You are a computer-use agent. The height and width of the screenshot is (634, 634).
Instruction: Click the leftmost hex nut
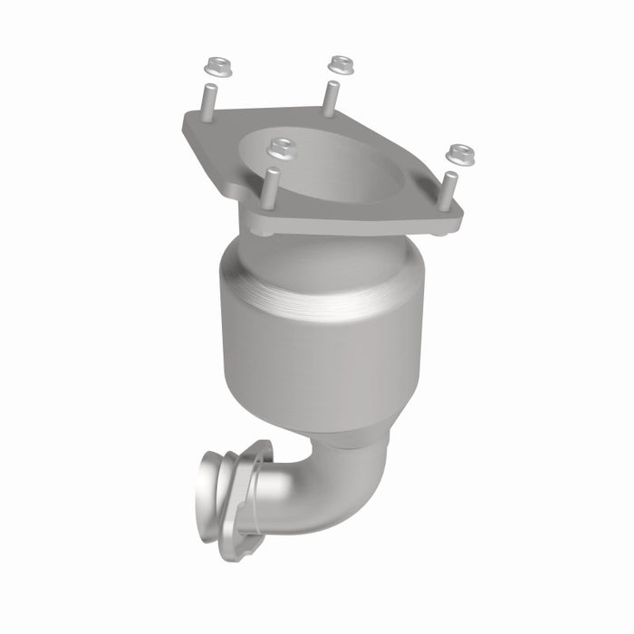(216, 64)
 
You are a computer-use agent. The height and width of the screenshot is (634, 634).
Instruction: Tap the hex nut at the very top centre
(341, 63)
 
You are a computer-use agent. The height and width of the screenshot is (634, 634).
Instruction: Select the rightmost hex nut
(460, 154)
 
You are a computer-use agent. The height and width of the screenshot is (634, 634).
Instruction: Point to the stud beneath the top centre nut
(331, 94)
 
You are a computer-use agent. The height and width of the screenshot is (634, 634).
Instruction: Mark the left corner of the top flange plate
(190, 127)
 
